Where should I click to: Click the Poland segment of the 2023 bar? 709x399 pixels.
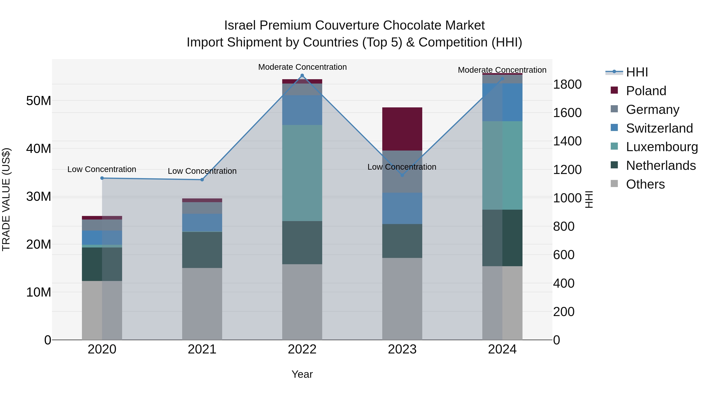pos(402,129)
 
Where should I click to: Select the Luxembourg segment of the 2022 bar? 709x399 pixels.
pos(302,173)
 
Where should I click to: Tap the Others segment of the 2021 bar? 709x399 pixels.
pos(202,304)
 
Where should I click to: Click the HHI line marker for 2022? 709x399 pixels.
pos(302,75)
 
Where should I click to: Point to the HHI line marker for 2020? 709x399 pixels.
pos(102,178)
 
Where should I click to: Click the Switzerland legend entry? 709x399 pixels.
pos(659,128)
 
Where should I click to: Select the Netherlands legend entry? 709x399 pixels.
pos(661,166)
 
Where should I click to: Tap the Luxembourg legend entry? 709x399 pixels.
pos(662,147)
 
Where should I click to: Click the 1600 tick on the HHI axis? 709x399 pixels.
pos(567,113)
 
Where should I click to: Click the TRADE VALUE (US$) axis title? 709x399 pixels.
pos(6,199)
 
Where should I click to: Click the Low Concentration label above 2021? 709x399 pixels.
pos(202,171)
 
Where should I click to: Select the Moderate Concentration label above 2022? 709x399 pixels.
pos(302,67)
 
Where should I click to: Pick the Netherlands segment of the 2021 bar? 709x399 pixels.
pos(202,250)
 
